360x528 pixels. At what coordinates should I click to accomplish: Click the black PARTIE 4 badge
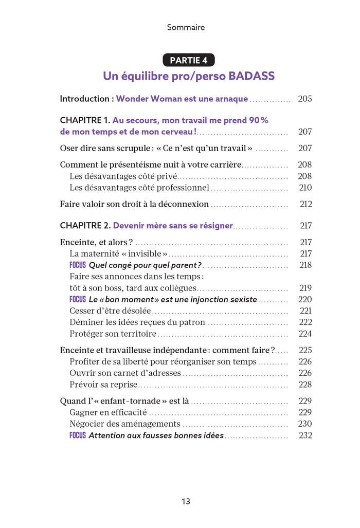point(189,60)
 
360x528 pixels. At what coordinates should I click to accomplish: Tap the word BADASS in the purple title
point(250,76)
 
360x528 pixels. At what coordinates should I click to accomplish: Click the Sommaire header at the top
point(186,27)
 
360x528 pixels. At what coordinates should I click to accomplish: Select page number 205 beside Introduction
point(304,99)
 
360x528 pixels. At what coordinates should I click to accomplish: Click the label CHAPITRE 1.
point(85,120)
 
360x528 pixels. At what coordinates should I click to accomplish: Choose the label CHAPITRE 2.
point(85,226)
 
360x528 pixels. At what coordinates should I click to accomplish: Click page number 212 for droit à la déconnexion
point(305,204)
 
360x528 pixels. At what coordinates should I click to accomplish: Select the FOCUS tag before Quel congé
point(78,265)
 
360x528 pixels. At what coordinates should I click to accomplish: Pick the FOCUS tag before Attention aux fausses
point(78,435)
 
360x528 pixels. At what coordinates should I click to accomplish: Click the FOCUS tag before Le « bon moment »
point(78,299)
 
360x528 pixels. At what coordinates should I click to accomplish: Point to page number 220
point(305,299)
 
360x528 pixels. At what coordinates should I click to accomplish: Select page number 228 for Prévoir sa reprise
point(305,385)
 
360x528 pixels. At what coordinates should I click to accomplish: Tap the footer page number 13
point(186,501)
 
